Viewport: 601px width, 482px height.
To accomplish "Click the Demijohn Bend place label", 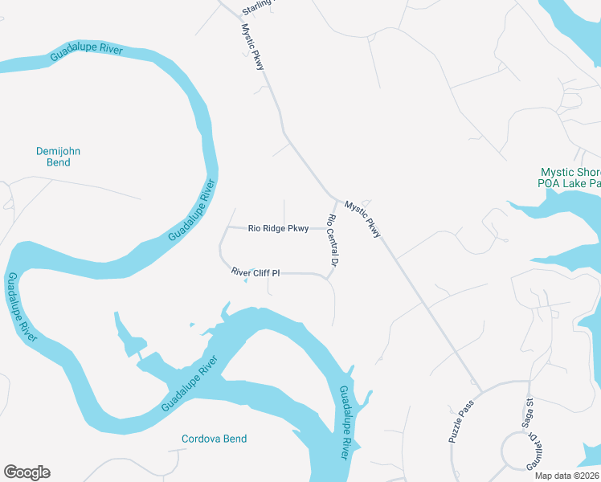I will pyautogui.click(x=59, y=157).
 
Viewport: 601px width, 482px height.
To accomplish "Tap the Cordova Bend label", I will pyautogui.click(x=214, y=439).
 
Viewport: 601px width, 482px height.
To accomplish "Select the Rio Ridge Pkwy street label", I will pyautogui.click(x=278, y=228).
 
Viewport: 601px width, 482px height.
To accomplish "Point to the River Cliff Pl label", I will pyautogui.click(x=255, y=273).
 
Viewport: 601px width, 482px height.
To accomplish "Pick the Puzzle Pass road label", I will pyautogui.click(x=462, y=421).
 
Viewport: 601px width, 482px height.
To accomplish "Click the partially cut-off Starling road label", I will pyautogui.click(x=258, y=6).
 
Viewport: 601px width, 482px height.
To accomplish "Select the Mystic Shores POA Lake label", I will pyautogui.click(x=570, y=178).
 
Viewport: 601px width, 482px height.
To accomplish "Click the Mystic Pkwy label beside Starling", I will pyautogui.click(x=253, y=47).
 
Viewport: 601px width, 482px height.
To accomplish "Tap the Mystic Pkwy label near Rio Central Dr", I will pyautogui.click(x=362, y=219).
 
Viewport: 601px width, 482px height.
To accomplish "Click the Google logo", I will pyautogui.click(x=27, y=472).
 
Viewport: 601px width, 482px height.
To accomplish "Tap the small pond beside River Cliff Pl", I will pyautogui.click(x=251, y=270).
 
